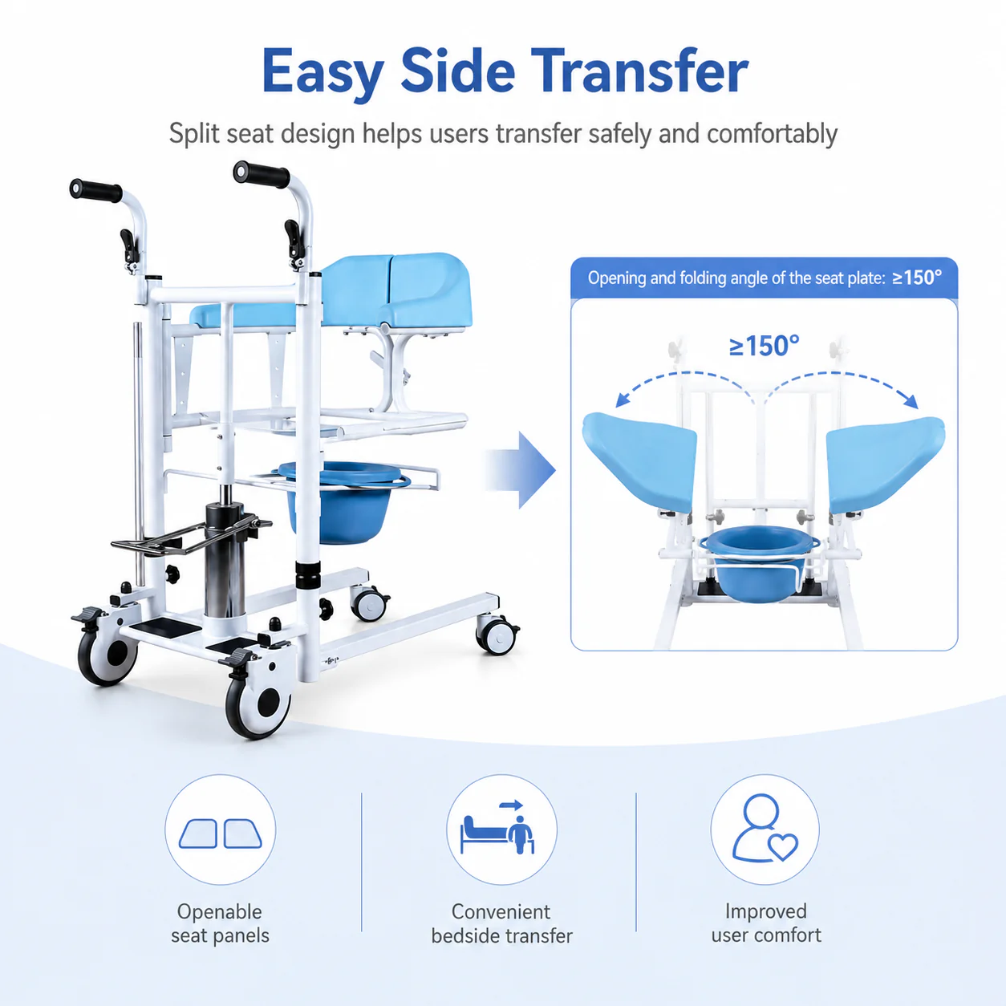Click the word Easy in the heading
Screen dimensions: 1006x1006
click(x=322, y=74)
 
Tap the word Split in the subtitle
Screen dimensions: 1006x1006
click(x=193, y=134)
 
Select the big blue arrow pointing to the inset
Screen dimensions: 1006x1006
click(x=520, y=470)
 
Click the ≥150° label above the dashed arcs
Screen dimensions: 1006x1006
click(x=764, y=346)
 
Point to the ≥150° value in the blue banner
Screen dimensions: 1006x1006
click(x=917, y=278)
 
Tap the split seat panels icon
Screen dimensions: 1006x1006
click(x=221, y=834)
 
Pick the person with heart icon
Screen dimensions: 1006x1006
click(x=765, y=829)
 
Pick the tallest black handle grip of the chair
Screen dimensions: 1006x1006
click(x=261, y=173)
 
